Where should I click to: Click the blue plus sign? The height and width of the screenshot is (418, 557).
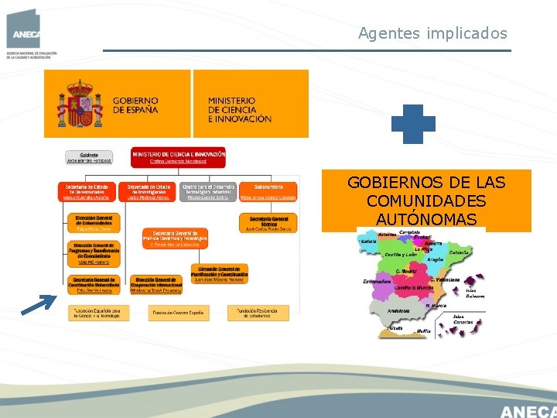coord(413,124)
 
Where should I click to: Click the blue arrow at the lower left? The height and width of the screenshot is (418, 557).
coord(41,304)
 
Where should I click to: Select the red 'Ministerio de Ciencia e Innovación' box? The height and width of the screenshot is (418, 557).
coord(178,157)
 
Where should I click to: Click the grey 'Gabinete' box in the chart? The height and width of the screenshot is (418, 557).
coord(89,157)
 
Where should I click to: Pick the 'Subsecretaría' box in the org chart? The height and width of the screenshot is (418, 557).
coord(268,191)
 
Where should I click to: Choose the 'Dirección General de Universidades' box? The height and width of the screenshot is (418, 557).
coord(94,224)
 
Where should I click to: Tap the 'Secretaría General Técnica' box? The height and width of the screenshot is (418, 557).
coord(268,223)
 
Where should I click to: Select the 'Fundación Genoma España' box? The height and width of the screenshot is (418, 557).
coord(177,313)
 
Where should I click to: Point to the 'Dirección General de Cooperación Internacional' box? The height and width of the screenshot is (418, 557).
coord(157,285)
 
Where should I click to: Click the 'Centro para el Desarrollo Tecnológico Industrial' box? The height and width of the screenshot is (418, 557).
coord(207,191)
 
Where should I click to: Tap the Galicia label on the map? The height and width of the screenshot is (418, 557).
coord(368,242)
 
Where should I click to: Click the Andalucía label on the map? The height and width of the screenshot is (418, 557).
coord(398,310)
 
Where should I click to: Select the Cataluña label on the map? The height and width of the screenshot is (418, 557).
coord(459,253)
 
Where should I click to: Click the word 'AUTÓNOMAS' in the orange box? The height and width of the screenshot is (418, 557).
coord(426,220)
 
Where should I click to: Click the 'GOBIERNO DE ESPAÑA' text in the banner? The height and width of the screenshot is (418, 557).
coord(135,105)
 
